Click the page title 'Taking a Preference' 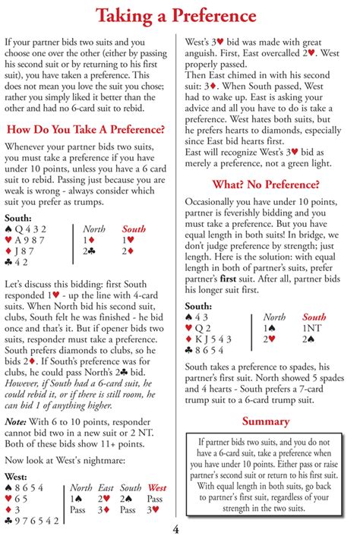click(179, 15)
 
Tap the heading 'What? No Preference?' click(265, 184)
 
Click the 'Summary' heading click(265, 421)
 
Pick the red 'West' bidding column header click(157, 487)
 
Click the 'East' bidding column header click(107, 487)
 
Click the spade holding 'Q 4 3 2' click(29, 229)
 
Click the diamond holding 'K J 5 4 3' click(214, 339)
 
